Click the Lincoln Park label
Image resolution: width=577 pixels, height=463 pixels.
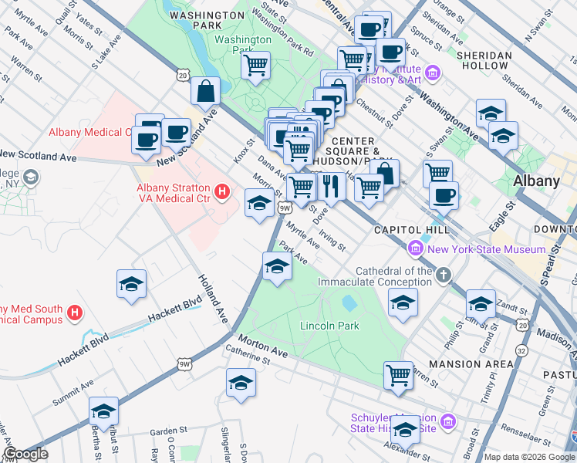click(x=329, y=326)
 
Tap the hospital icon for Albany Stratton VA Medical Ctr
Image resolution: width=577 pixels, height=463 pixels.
click(x=222, y=191)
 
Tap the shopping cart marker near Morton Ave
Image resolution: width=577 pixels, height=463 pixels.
click(x=398, y=375)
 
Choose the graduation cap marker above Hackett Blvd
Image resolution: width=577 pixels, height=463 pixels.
click(x=131, y=283)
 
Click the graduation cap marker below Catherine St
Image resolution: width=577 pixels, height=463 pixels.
click(x=241, y=383)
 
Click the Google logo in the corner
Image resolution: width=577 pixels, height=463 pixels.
click(x=25, y=454)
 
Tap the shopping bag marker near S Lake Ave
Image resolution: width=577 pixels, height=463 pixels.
click(x=206, y=90)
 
